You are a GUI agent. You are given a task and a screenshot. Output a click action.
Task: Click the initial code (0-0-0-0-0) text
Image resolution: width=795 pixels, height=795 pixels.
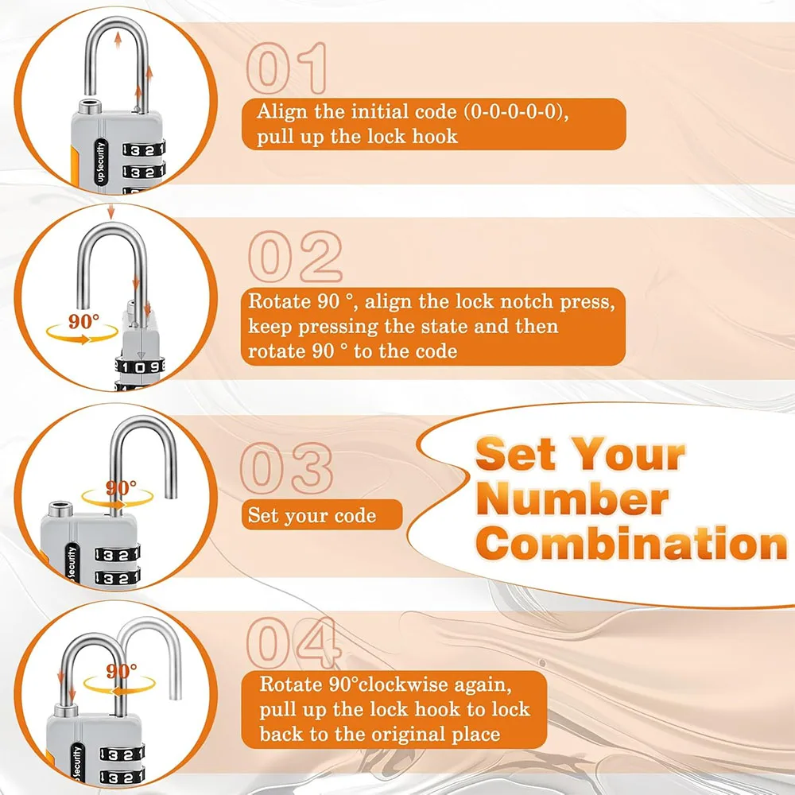point(494,111)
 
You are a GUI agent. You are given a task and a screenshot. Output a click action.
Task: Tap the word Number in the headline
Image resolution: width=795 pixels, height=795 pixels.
point(575,500)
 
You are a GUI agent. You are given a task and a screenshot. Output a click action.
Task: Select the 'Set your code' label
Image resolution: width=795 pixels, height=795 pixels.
point(312,515)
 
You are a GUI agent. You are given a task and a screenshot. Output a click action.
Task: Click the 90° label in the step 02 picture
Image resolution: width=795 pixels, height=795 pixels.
point(84,322)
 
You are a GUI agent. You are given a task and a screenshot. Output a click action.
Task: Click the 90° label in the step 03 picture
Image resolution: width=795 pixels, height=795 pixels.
point(121,487)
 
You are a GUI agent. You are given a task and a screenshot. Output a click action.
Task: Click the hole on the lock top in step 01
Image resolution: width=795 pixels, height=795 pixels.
point(85,107)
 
